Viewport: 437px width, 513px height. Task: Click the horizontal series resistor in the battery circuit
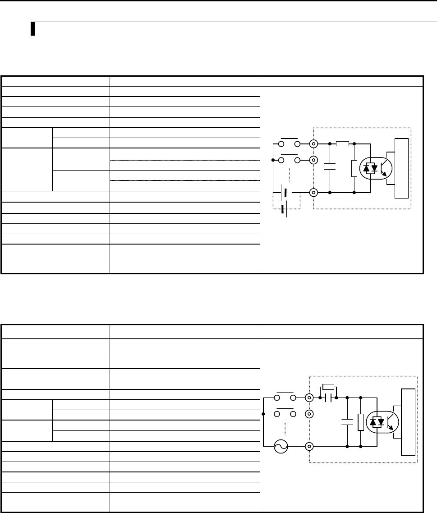pyautogui.click(x=342, y=144)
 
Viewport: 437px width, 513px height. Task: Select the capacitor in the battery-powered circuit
pyautogui.click(x=330, y=168)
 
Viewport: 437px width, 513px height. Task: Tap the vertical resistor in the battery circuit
pyautogui.click(x=354, y=168)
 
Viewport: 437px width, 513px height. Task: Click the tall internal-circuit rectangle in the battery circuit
pyautogui.click(x=401, y=168)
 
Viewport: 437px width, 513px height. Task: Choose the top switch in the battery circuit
pyautogui.click(x=289, y=143)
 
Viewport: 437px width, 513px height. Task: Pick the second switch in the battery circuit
pyautogui.click(x=289, y=160)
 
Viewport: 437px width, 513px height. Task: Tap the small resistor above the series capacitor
pyautogui.click(x=329, y=387)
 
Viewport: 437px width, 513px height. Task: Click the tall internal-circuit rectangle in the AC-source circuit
pyautogui.click(x=409, y=422)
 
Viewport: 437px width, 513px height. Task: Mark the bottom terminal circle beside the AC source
pyautogui.click(x=309, y=447)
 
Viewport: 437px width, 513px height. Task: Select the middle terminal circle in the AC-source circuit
pyautogui.click(x=309, y=414)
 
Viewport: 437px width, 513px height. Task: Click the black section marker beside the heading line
pyautogui.click(x=33, y=29)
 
